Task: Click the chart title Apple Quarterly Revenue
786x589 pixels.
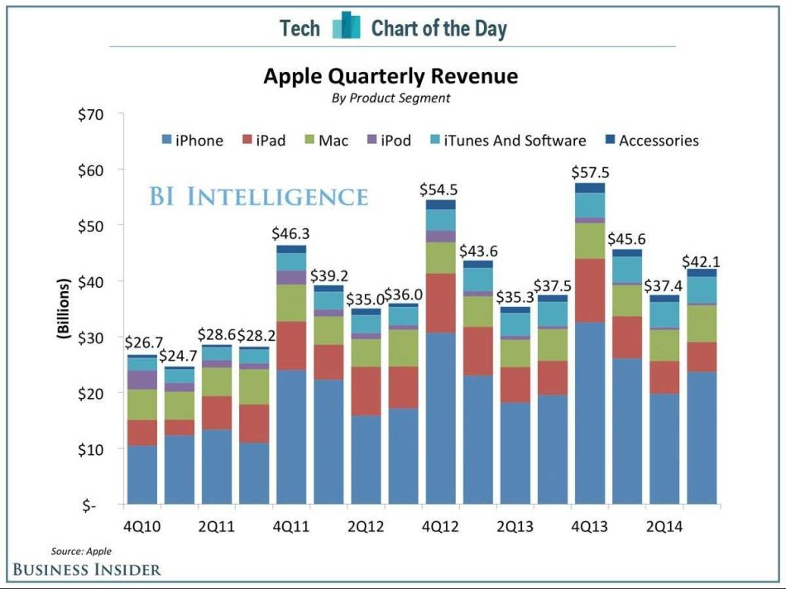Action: coord(391,76)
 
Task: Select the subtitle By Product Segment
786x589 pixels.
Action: coord(391,98)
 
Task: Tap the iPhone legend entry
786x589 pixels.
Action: coord(192,141)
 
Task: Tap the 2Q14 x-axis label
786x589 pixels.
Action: coord(664,525)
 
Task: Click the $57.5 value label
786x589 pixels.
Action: coord(589,173)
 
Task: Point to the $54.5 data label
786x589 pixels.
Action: coord(440,189)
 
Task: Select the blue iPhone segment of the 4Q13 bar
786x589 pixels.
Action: coord(589,414)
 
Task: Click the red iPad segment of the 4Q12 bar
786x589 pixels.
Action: coord(440,303)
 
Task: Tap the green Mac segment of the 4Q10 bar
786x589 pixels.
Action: coord(141,405)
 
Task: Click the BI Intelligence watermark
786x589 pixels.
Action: coord(258,197)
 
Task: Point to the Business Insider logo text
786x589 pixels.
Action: coord(86,569)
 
